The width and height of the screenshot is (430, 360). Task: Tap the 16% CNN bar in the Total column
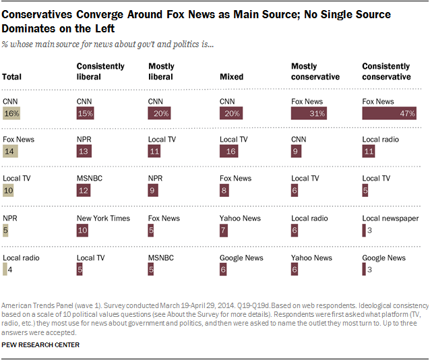[12, 114]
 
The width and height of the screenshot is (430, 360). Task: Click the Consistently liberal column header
[100, 71]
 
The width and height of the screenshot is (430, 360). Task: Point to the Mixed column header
[231, 77]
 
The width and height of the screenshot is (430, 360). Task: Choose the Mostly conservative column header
[315, 71]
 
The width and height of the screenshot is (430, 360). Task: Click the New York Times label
[103, 218]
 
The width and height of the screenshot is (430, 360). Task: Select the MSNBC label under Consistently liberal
[90, 179]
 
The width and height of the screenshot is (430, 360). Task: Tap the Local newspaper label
[390, 218]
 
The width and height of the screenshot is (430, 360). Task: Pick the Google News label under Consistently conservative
[383, 258]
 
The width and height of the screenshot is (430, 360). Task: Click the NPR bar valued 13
[84, 152]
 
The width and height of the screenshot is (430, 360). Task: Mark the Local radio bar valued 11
[369, 152]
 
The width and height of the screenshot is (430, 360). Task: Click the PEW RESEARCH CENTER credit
[40, 345]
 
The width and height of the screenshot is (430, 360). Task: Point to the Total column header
[12, 77]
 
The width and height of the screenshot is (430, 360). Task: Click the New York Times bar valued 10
[83, 231]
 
